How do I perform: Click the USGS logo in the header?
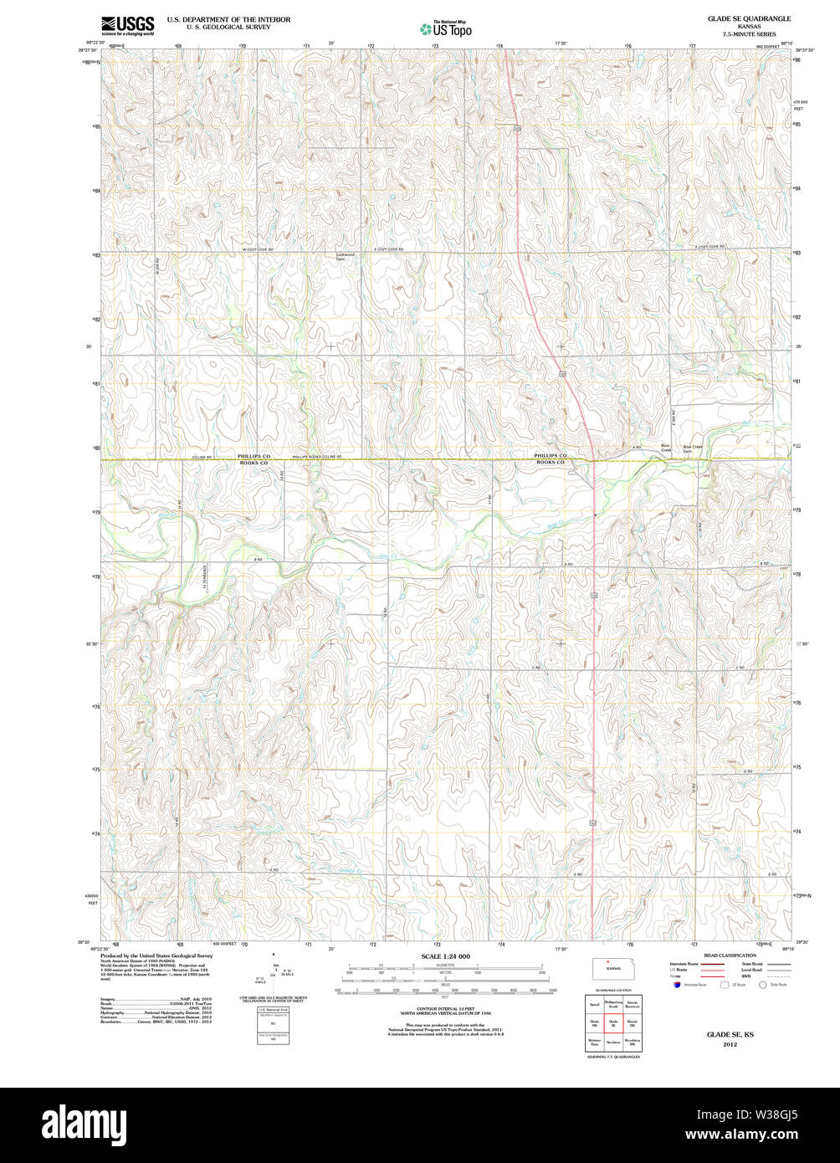click(127, 25)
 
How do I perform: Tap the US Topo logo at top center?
click(445, 28)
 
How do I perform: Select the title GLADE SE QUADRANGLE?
click(749, 18)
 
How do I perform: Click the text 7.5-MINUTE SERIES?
click(749, 33)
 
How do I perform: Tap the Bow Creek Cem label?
click(693, 449)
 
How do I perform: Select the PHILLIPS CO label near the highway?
click(551, 455)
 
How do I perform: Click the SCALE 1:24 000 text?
click(445, 956)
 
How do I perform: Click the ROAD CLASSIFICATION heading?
click(730, 955)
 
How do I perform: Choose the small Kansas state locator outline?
click(613, 968)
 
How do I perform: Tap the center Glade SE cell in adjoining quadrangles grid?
click(613, 1022)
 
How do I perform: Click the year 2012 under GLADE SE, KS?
click(730, 1044)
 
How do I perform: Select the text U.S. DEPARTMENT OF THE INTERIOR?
click(228, 18)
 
